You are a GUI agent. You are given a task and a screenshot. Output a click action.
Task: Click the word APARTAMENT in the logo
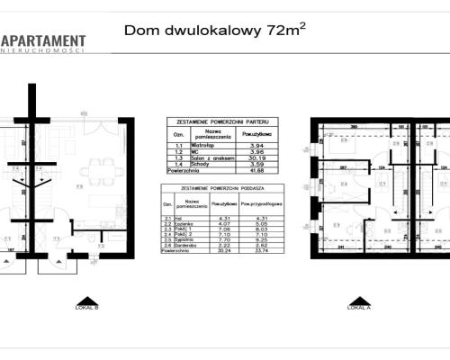click(x=45, y=40)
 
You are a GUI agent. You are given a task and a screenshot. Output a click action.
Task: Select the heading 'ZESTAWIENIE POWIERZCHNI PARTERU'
click(x=222, y=121)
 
